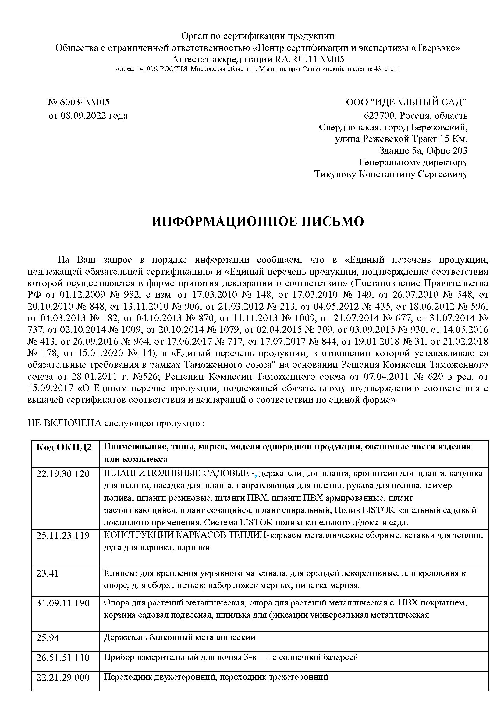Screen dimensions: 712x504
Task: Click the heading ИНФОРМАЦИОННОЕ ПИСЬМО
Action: [257, 222]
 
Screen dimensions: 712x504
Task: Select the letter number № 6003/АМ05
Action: [79, 102]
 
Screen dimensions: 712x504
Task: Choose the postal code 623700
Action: [381, 116]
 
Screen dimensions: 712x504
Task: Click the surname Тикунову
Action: [335, 174]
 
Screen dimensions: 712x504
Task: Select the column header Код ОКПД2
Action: [64, 447]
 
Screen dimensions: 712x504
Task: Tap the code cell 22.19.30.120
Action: [63, 474]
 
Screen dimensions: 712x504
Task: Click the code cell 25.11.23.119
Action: [63, 535]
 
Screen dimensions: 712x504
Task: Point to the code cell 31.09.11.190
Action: [63, 603]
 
